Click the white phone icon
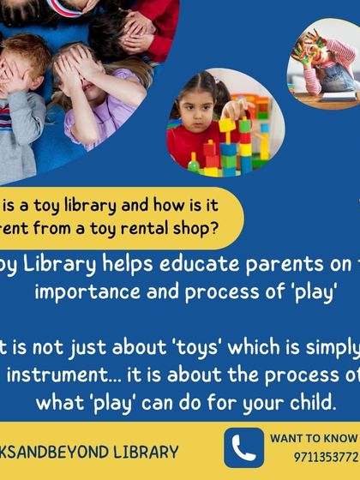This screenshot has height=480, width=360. point(243,448)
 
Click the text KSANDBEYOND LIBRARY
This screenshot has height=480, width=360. point(90,452)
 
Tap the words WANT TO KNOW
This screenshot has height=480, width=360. point(314,438)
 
